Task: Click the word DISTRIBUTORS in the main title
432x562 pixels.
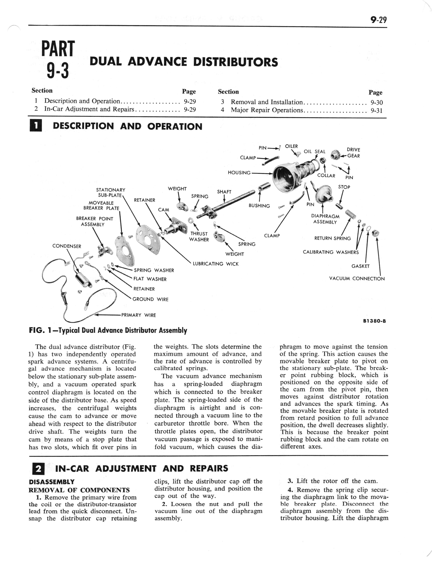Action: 235,62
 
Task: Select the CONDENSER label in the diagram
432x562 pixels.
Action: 67,246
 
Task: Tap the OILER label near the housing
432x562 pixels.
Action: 291,146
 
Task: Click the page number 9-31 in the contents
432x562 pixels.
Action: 376,111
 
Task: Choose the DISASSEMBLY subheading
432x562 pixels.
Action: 51,482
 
